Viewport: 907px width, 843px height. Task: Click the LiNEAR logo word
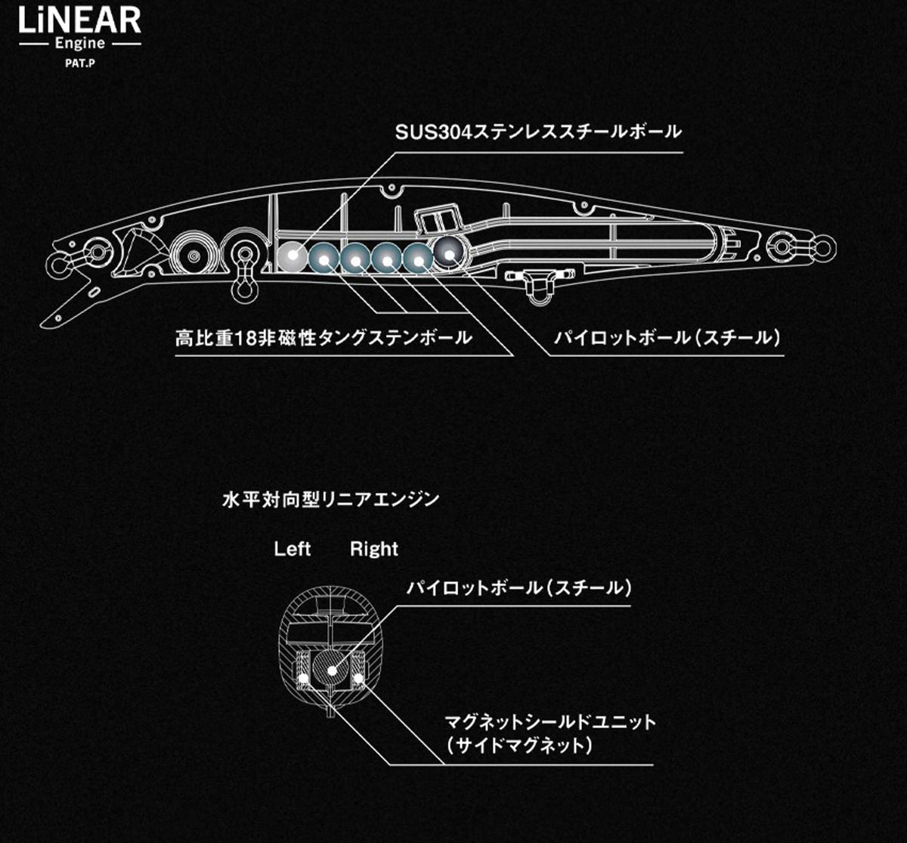point(80,21)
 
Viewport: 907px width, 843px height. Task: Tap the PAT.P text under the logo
point(80,64)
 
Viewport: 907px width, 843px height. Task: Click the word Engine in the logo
point(80,45)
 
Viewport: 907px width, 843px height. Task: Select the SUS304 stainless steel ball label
point(538,132)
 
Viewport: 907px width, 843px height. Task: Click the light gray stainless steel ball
point(293,257)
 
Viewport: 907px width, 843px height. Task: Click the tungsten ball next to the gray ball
point(323,258)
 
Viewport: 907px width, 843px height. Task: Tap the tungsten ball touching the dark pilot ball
point(418,259)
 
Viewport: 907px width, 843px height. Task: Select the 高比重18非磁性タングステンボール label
point(323,338)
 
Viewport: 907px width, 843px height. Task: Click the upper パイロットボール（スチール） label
point(667,338)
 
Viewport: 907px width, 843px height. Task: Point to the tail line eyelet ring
point(823,248)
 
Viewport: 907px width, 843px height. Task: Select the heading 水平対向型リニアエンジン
point(330,500)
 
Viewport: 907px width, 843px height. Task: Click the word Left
point(293,549)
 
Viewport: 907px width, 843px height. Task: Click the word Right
point(374,549)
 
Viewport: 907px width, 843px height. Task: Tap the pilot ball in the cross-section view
point(332,671)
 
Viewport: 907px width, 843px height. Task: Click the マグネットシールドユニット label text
point(550,722)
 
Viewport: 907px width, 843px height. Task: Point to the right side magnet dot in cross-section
point(359,678)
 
